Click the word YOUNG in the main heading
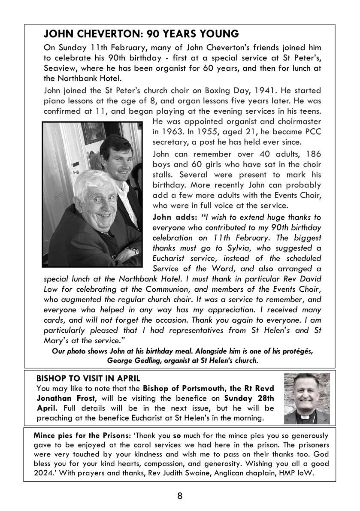(x=218, y=34)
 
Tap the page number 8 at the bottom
(x=180, y=496)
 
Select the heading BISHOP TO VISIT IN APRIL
(x=88, y=378)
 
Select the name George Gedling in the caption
(x=133, y=360)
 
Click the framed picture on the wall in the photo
(x=94, y=133)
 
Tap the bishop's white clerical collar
(x=307, y=416)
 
